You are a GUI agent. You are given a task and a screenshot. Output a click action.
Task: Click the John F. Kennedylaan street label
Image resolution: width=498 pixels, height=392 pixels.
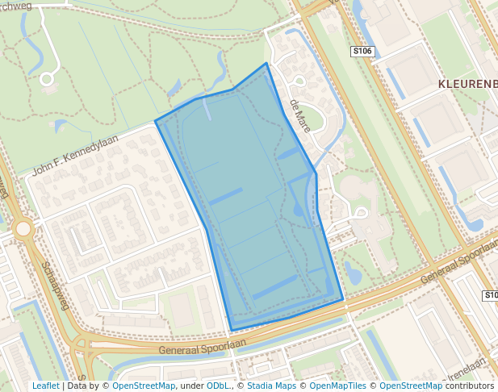pyautogui.click(x=75, y=154)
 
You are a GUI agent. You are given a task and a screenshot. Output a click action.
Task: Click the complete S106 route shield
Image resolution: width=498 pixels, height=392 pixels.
pyautogui.click(x=362, y=52)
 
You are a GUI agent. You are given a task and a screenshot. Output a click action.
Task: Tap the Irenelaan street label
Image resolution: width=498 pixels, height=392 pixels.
pyautogui.click(x=470, y=370)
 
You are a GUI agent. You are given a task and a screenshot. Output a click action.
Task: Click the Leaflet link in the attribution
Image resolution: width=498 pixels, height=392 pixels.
pyautogui.click(x=45, y=386)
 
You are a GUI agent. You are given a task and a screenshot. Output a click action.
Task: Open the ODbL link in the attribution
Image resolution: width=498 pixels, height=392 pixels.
pyautogui.click(x=218, y=386)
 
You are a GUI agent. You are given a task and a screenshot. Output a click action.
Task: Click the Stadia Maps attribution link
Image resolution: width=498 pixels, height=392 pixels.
pyautogui.click(x=272, y=386)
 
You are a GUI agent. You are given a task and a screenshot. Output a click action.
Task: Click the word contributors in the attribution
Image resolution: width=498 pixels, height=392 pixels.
pyautogui.click(x=469, y=386)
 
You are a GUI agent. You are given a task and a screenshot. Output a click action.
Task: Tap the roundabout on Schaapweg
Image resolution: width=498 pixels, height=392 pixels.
pyautogui.click(x=23, y=229)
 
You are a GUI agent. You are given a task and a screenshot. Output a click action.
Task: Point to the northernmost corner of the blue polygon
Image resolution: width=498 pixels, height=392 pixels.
pyautogui.click(x=266, y=63)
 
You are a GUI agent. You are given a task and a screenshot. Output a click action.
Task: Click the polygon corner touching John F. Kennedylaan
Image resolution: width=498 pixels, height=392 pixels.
pyautogui.click(x=156, y=123)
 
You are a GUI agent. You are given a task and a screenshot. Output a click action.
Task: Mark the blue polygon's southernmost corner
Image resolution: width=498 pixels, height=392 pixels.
pyautogui.click(x=232, y=330)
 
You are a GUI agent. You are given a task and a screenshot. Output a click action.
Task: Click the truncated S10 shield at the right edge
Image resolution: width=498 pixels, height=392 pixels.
pyautogui.click(x=490, y=296)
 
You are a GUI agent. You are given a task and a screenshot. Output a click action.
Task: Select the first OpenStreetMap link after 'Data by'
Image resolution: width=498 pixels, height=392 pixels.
pyautogui.click(x=144, y=386)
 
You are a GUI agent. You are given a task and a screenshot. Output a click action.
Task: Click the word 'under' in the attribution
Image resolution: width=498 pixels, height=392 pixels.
pyautogui.click(x=191, y=386)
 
